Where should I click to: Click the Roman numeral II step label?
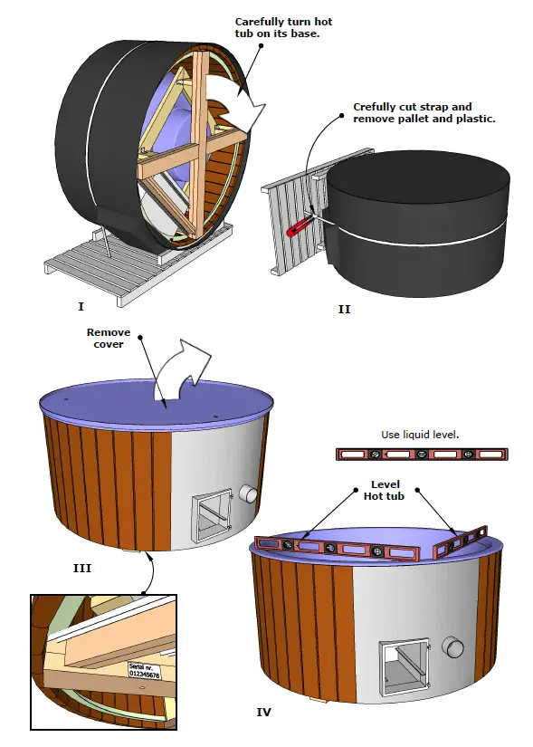click(x=344, y=309)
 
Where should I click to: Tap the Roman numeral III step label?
click(x=81, y=569)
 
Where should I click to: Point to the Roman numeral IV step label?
click(x=264, y=713)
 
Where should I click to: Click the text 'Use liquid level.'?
click(x=420, y=435)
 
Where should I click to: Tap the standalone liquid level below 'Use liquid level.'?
click(x=420, y=454)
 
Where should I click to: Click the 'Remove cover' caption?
click(x=109, y=338)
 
